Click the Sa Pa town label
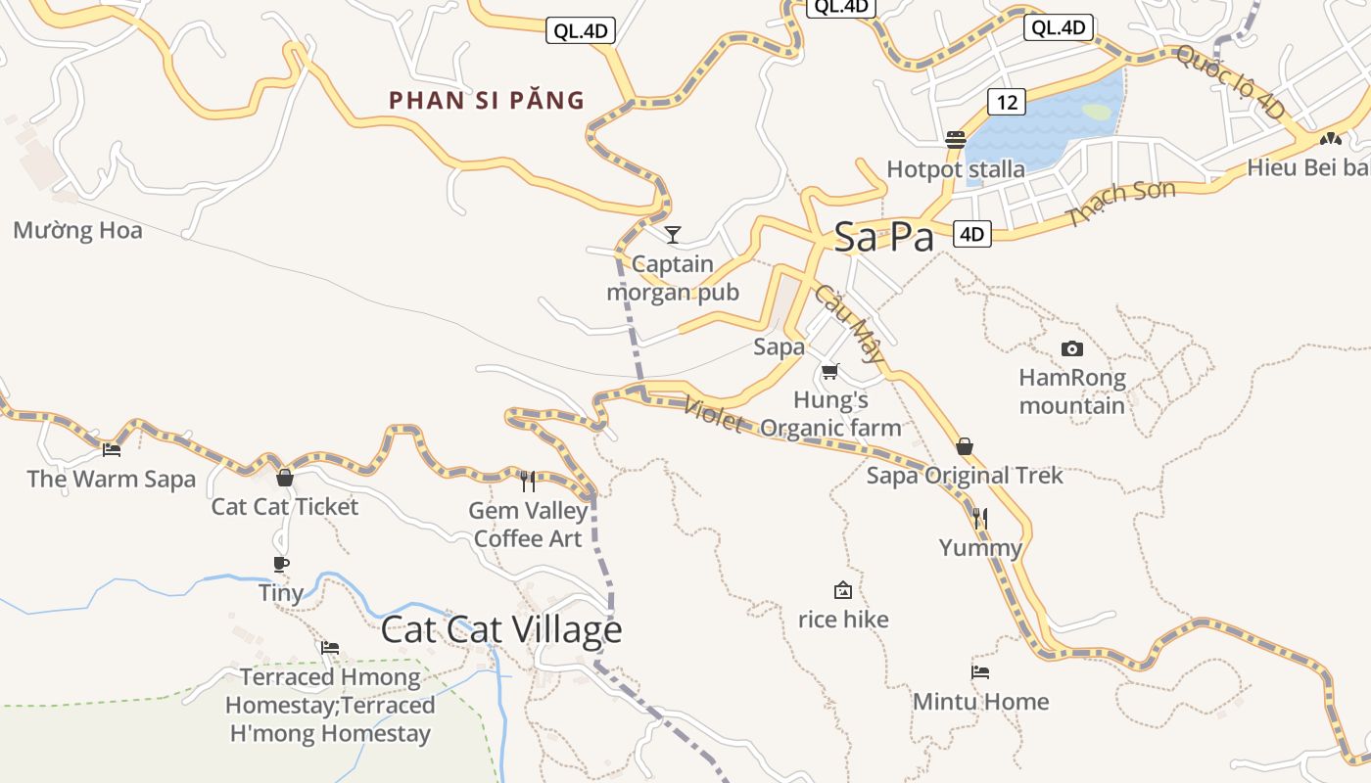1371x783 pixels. click(883, 238)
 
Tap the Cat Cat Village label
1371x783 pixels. click(500, 629)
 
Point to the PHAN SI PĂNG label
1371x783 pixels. click(487, 100)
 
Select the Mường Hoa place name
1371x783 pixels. click(77, 231)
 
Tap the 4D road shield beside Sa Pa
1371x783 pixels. click(971, 234)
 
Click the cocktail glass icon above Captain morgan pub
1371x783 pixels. click(672, 234)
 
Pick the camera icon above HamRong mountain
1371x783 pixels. click(1072, 348)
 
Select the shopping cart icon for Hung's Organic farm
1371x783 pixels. click(830, 371)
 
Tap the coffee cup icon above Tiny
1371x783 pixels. click(281, 564)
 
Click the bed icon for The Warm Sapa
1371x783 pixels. click(112, 450)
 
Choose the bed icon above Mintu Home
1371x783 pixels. click(980, 671)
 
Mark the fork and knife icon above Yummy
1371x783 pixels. click(980, 518)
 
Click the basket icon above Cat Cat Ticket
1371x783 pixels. click(285, 478)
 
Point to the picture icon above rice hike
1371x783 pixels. click(842, 590)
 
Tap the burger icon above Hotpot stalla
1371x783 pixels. click(956, 140)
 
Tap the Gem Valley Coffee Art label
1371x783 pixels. click(528, 525)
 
